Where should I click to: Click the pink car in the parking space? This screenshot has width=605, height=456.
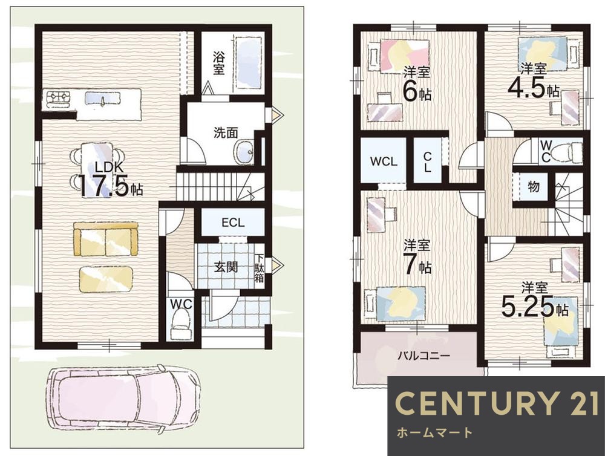[x=123, y=401]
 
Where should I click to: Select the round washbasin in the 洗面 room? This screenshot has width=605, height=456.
[x=244, y=151]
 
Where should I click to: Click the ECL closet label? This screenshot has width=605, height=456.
[x=233, y=223]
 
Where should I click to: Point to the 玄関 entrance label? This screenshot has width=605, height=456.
[x=226, y=267]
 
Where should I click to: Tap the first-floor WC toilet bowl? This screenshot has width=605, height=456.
[x=180, y=324]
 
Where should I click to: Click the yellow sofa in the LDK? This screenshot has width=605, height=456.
[x=106, y=239]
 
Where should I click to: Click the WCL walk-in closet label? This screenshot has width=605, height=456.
[x=384, y=161]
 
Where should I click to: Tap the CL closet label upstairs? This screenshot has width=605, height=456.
[x=427, y=162]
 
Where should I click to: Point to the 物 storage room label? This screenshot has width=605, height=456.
[x=534, y=187]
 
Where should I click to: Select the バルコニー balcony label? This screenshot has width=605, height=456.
[x=423, y=355]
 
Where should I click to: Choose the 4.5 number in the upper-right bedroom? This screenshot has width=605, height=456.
[x=527, y=88]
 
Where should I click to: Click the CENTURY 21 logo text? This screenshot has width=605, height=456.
[x=497, y=403]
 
